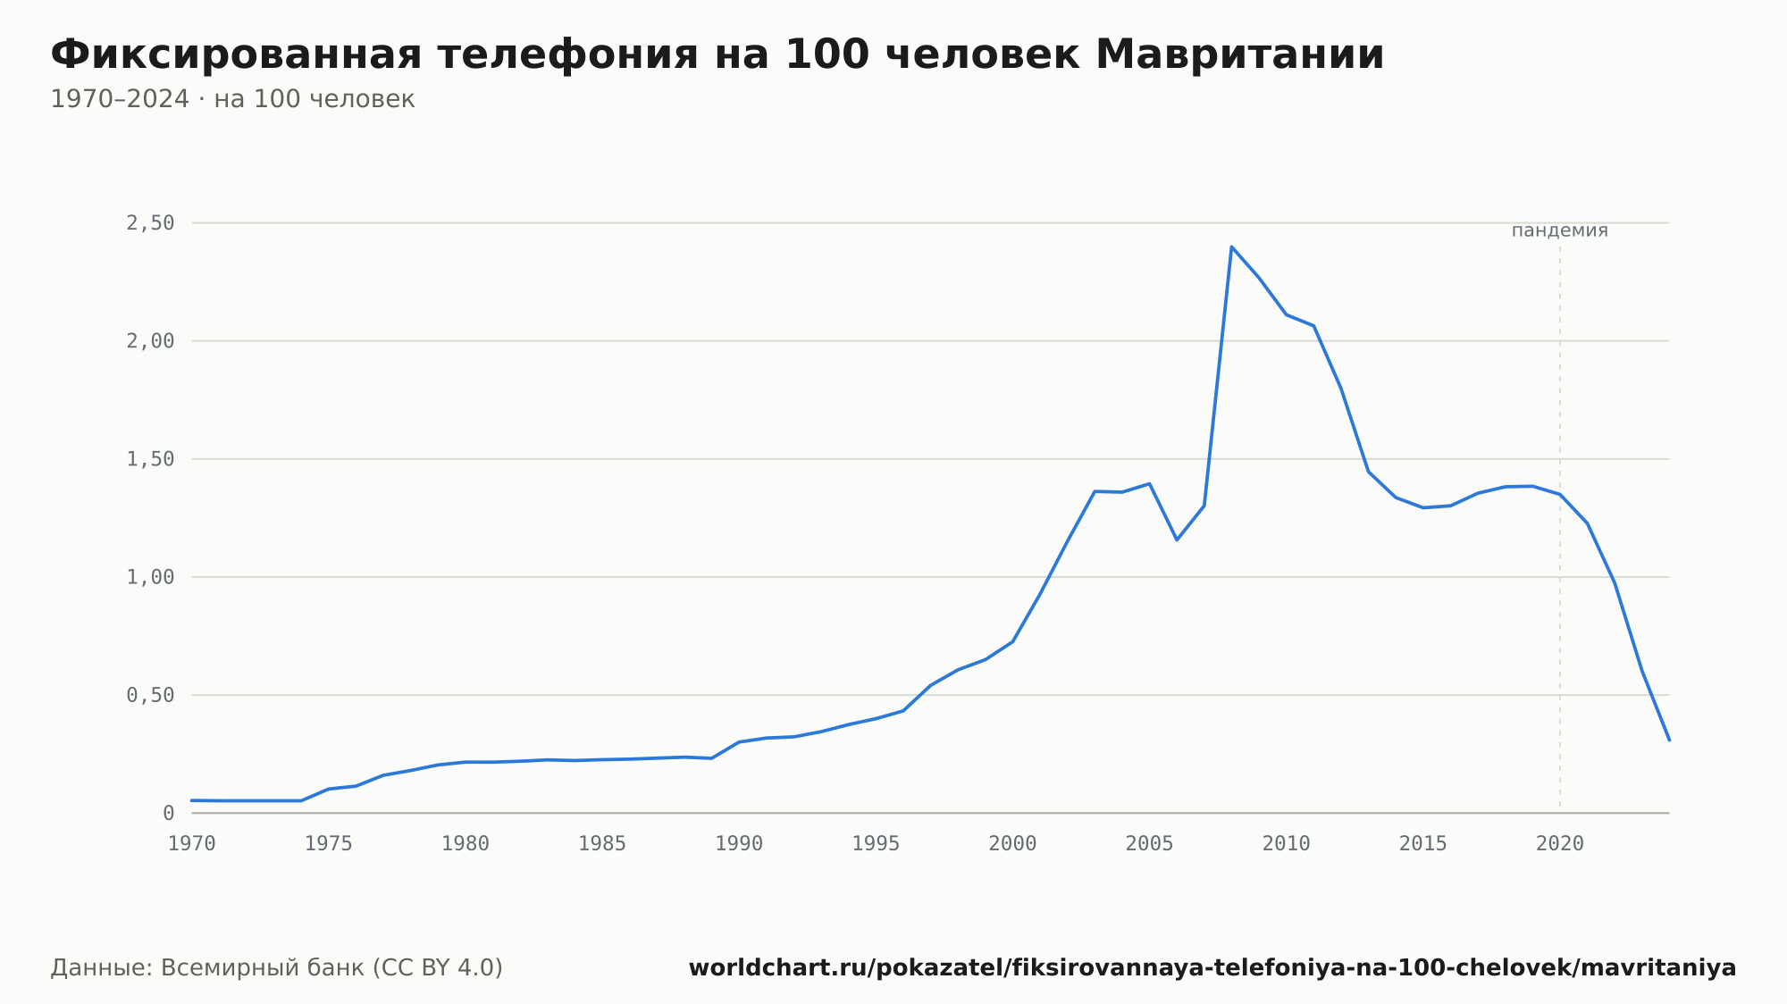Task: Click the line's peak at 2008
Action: click(x=1231, y=247)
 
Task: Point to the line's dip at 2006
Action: click(x=1177, y=540)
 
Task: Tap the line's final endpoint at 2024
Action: click(x=1669, y=740)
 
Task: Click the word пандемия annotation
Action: click(x=1559, y=230)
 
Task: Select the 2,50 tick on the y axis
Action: click(x=150, y=223)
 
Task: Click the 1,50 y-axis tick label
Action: click(x=150, y=459)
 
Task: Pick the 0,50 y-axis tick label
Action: click(x=150, y=695)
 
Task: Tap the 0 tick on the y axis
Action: click(x=169, y=813)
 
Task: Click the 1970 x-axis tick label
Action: click(x=192, y=844)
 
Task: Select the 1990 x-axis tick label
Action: click(x=739, y=844)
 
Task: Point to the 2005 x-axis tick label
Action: click(x=1149, y=844)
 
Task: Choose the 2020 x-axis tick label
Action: click(x=1560, y=844)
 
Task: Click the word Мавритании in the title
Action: click(x=1239, y=54)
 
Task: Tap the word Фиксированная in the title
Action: click(x=236, y=54)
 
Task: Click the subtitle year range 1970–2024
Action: click(x=120, y=99)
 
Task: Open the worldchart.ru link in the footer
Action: click(x=1212, y=967)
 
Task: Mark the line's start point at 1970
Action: click(x=192, y=800)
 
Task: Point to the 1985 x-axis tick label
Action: click(x=602, y=844)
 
